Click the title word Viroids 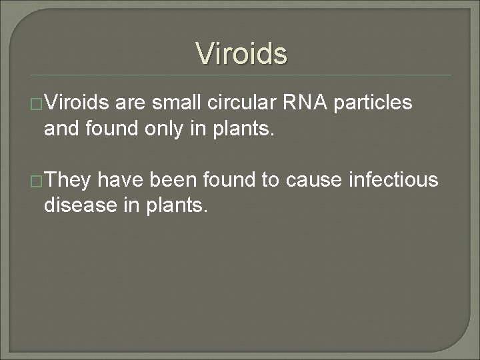241,53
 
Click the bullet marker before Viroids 37,105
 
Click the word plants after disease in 175,205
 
